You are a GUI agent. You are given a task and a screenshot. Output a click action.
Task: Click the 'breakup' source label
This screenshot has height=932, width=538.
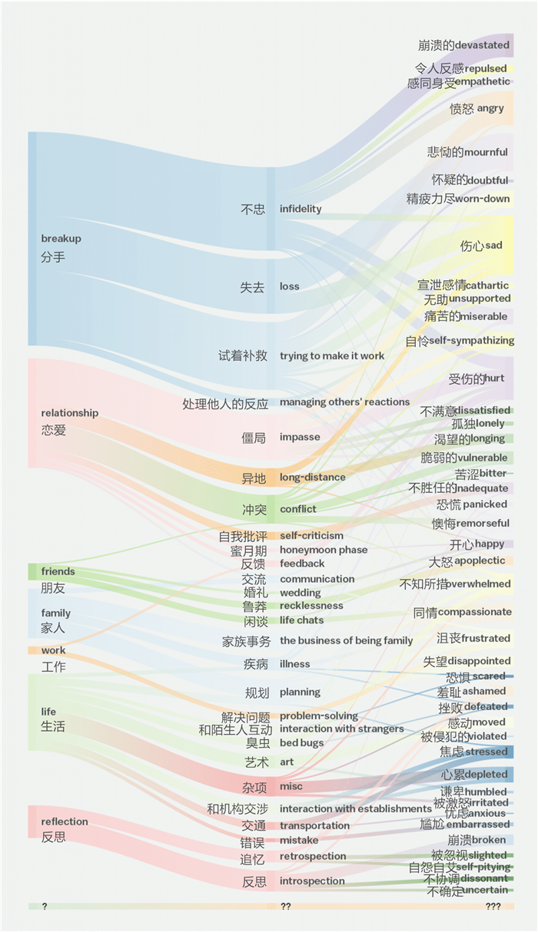tap(61, 239)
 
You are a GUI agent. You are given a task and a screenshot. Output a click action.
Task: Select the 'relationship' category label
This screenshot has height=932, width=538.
tap(70, 413)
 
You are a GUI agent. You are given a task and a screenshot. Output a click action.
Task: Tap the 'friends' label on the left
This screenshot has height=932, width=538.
tap(58, 571)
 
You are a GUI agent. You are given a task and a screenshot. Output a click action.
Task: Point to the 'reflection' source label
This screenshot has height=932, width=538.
tap(65, 821)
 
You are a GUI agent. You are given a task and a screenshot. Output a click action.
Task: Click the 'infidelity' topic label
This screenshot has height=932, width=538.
tap(301, 209)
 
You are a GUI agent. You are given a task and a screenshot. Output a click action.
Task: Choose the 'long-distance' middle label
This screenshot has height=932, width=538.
tap(313, 478)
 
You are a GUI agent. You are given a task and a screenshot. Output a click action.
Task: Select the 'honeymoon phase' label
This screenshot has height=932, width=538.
tap(324, 550)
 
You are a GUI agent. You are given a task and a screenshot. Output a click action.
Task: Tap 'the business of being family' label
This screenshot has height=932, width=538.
tap(346, 641)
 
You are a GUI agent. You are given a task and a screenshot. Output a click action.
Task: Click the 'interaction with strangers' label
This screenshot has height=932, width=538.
tap(341, 729)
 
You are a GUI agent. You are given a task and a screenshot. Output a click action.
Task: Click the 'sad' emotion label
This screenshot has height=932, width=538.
tap(493, 246)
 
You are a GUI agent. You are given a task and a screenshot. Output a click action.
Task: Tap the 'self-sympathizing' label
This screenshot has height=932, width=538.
tap(472, 340)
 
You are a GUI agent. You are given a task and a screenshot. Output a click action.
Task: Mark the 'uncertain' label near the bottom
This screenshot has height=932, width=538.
tap(487, 891)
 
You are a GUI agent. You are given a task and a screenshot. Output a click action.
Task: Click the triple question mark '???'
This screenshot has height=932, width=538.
tap(493, 907)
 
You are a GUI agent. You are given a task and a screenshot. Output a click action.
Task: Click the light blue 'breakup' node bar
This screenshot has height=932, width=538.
tap(32, 239)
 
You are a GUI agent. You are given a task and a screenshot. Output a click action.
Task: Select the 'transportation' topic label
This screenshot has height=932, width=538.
tap(314, 826)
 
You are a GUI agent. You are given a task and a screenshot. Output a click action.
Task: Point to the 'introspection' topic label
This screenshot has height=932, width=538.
tap(312, 881)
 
